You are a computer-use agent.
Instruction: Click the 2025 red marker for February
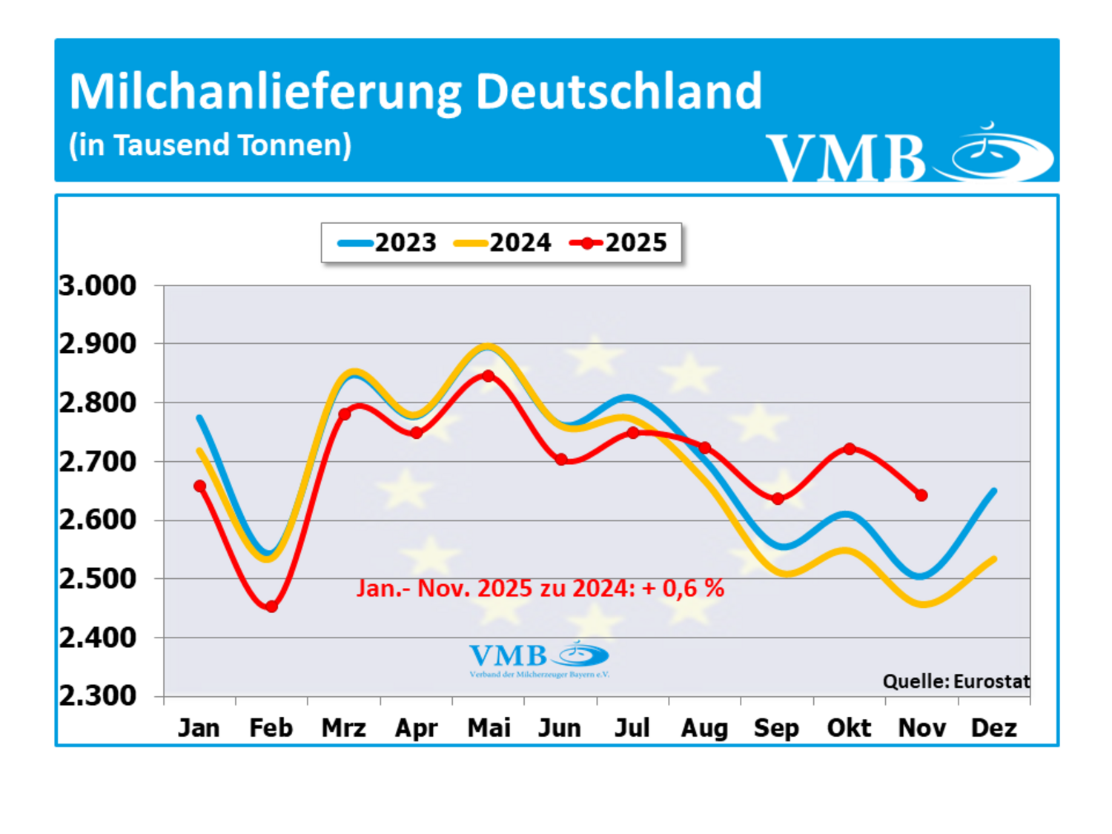tap(271, 606)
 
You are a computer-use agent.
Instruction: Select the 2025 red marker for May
tap(488, 376)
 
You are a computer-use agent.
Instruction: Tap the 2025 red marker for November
tap(921, 495)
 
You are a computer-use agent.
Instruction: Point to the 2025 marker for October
tap(850, 449)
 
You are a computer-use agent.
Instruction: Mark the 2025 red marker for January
tap(199, 486)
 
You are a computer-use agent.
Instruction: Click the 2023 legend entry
tap(387, 242)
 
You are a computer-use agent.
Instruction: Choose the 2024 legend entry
tap(502, 242)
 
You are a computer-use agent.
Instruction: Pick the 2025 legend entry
tap(618, 242)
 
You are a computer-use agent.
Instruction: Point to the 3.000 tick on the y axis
tap(98, 285)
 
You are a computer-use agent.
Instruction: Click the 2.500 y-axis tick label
tap(98, 579)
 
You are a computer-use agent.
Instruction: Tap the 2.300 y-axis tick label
tap(98, 696)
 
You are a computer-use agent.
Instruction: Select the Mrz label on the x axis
tap(343, 728)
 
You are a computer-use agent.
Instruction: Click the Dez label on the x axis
tap(993, 728)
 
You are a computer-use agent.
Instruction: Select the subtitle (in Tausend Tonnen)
tap(210, 145)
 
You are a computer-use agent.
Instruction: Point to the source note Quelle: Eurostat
tap(956, 681)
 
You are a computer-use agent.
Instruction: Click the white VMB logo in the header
tap(910, 152)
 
